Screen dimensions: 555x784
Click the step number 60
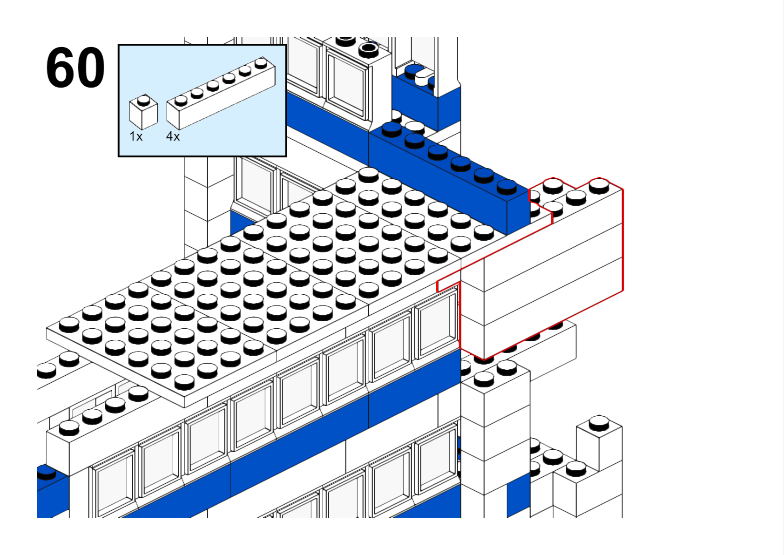pyautogui.click(x=75, y=68)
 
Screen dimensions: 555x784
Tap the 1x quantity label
pyautogui.click(x=136, y=136)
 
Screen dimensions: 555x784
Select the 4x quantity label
pyautogui.click(x=173, y=136)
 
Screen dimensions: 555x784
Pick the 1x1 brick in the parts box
pyautogui.click(x=143, y=113)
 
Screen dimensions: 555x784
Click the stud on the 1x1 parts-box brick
pyautogui.click(x=144, y=100)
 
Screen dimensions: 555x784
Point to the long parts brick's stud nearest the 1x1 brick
pyautogui.click(x=181, y=100)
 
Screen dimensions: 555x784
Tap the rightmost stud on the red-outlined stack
pyautogui.click(x=599, y=186)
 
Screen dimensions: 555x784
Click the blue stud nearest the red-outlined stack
pyautogui.click(x=507, y=186)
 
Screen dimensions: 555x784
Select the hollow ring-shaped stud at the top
pyautogui.click(x=369, y=48)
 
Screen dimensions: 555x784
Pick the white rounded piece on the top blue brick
pyautogui.click(x=423, y=77)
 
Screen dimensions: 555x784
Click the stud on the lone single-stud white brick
pyautogui.click(x=599, y=423)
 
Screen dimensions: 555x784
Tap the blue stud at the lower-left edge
pyautogui.click(x=46, y=472)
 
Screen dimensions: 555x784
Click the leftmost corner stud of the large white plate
pyautogui.click(x=69, y=324)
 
